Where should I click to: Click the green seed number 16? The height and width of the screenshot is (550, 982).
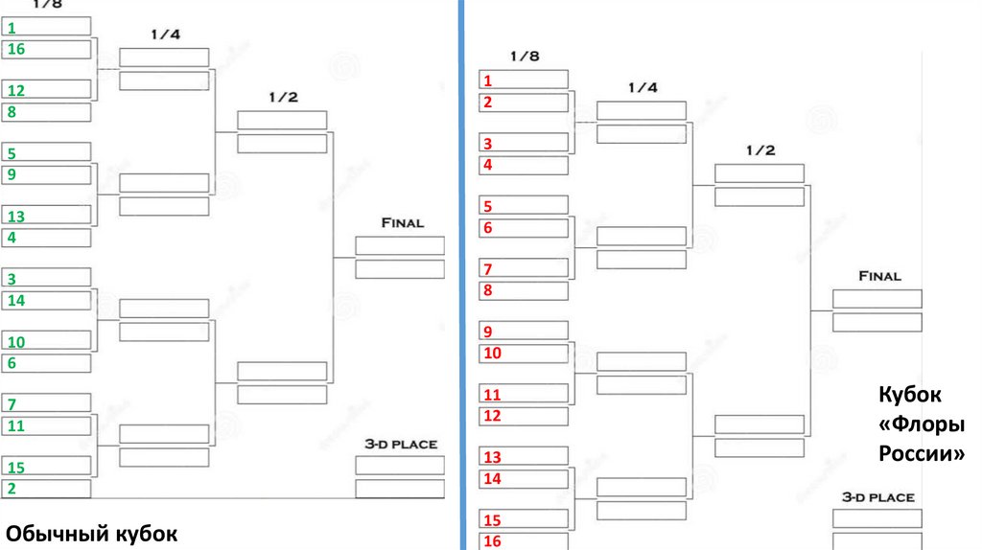pyautogui.click(x=15, y=49)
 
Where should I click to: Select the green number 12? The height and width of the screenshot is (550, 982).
pyautogui.click(x=15, y=91)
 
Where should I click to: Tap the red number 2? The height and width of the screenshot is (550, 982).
pyautogui.click(x=487, y=103)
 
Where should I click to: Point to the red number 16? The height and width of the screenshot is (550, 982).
pyautogui.click(x=492, y=541)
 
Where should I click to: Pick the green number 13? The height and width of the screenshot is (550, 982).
pyautogui.click(x=15, y=217)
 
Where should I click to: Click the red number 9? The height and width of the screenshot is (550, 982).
pyautogui.click(x=487, y=332)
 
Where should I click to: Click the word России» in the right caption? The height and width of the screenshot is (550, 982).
pyautogui.click(x=922, y=453)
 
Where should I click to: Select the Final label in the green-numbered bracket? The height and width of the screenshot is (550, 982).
pyautogui.click(x=402, y=223)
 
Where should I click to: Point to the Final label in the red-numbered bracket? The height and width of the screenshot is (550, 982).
pyautogui.click(x=878, y=276)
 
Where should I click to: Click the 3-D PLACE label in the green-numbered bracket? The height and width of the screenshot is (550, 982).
pyautogui.click(x=400, y=445)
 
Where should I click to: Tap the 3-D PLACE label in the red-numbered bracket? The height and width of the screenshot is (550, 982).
pyautogui.click(x=877, y=498)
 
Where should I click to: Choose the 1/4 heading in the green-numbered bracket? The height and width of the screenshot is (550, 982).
pyautogui.click(x=165, y=34)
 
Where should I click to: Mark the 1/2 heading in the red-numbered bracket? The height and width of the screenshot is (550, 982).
pyautogui.click(x=760, y=151)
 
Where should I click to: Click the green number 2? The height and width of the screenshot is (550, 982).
pyautogui.click(x=11, y=489)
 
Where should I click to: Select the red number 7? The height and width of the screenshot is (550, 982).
pyautogui.click(x=487, y=269)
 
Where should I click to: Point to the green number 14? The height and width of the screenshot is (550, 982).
pyautogui.click(x=15, y=301)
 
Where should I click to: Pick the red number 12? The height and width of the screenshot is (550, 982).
pyautogui.click(x=492, y=416)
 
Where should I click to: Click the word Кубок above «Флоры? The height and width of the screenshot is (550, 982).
pyautogui.click(x=909, y=394)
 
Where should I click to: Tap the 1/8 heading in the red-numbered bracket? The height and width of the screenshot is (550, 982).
pyautogui.click(x=524, y=57)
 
